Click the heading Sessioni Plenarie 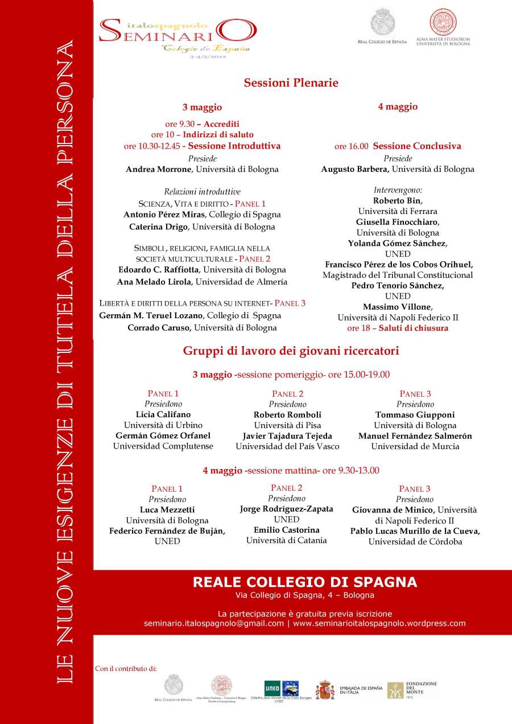[x=291, y=83]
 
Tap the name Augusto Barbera [x=354, y=170]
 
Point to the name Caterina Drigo [x=158, y=227]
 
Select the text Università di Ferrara [x=397, y=211]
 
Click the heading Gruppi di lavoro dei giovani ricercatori [x=291, y=351]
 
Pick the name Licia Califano [x=163, y=415]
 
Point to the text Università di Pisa [x=287, y=425]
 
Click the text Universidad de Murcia [x=415, y=447]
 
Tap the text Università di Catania [x=286, y=541]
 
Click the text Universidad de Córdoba [x=415, y=542]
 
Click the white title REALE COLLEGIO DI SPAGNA [x=304, y=582]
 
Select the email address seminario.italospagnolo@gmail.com [x=213, y=623]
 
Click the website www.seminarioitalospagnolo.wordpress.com [x=379, y=623]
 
